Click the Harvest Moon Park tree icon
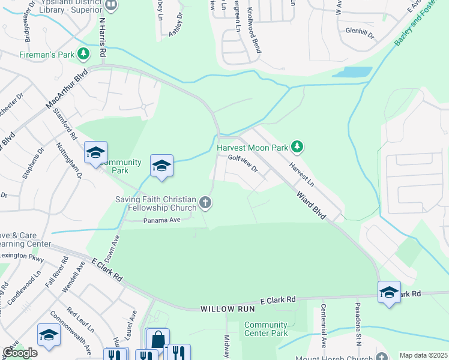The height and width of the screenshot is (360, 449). point(296,146)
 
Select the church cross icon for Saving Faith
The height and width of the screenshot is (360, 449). point(205,203)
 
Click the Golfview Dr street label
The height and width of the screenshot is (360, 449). point(243,163)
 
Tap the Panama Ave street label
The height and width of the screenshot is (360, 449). point(162,220)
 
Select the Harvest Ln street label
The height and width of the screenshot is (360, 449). point(301,172)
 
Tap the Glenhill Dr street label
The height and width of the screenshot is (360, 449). point(359,33)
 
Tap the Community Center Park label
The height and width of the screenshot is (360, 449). point(266,329)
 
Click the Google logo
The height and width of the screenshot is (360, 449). point(20,353)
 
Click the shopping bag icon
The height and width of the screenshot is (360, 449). point(157,340)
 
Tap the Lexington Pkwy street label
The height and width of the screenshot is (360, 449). point(22,256)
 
